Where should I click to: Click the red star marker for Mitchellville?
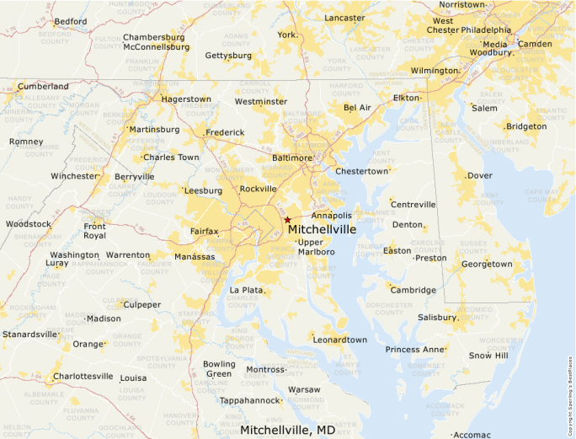point(287,220)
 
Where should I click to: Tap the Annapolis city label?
point(332,216)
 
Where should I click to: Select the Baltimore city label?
point(292,158)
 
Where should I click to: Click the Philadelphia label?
point(485,29)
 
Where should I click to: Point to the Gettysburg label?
point(228,56)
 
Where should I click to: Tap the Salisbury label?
point(437,318)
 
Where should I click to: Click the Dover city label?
point(479,176)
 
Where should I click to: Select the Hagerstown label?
point(186,99)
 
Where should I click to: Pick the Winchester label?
point(74,176)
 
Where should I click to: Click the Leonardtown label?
point(340,340)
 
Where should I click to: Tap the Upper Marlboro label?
point(317,247)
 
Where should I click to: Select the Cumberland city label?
point(44,86)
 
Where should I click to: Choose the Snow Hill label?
point(489,356)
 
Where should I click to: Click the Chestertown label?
point(362,171)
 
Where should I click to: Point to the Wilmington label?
point(435,71)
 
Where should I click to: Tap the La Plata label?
point(247,290)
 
